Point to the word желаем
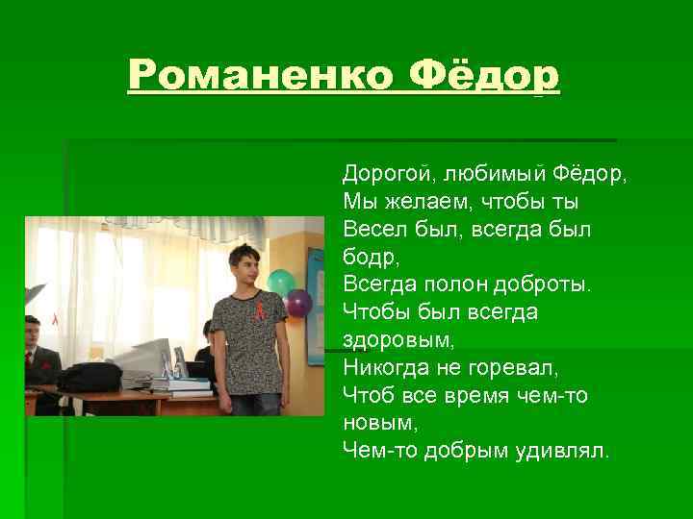pos(423,203)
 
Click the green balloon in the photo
pos(280,283)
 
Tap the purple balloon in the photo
pos(299,304)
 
